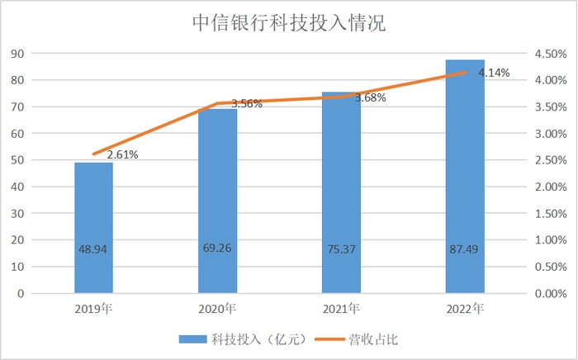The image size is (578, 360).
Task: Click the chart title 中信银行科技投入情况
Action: tap(288, 22)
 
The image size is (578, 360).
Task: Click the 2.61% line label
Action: tap(121, 154)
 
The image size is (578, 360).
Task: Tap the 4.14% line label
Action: tap(493, 73)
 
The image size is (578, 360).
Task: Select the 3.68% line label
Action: tap(370, 98)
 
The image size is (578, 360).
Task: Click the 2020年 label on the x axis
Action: tap(217, 310)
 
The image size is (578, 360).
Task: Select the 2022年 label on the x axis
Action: tap(465, 310)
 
